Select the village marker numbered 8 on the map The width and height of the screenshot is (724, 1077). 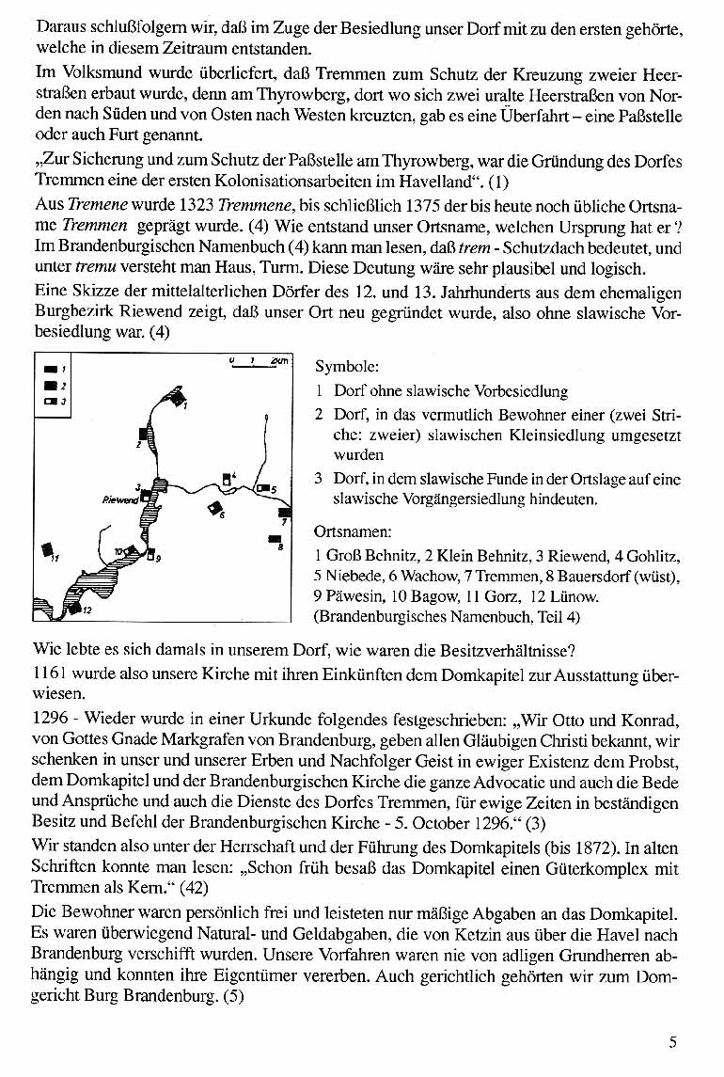[275, 539]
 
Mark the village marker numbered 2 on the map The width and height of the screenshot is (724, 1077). [143, 434]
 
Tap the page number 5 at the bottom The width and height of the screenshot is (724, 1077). [673, 1041]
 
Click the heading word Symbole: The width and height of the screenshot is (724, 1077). [347, 368]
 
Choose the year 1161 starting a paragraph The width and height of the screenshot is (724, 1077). [47, 674]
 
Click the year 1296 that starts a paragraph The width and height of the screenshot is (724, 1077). [47, 720]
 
